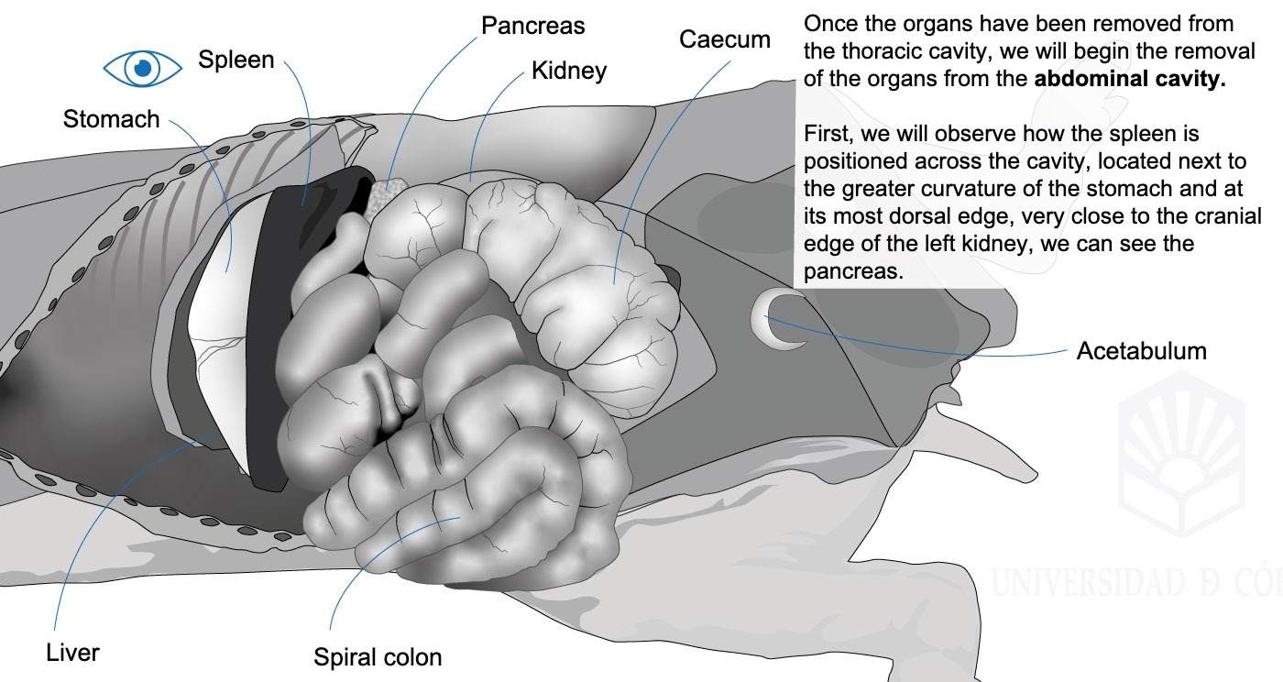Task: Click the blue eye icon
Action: coord(143,68)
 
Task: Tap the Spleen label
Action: coord(236,60)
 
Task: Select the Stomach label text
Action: coord(111,119)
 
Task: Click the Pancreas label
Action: coord(532,26)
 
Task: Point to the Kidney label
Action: coord(569,71)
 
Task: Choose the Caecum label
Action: coord(725,39)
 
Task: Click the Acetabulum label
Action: coord(1142,351)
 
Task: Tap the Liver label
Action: coord(72,653)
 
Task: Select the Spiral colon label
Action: coord(378,657)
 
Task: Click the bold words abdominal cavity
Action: coord(1129,79)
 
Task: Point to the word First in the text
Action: coord(828,134)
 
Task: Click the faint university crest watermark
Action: coord(1181,453)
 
